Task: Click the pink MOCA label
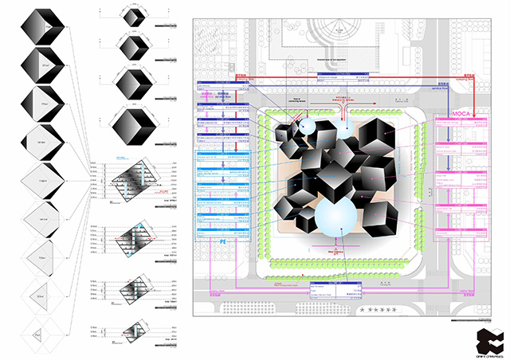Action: [463, 115]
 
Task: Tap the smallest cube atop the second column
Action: [131, 17]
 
